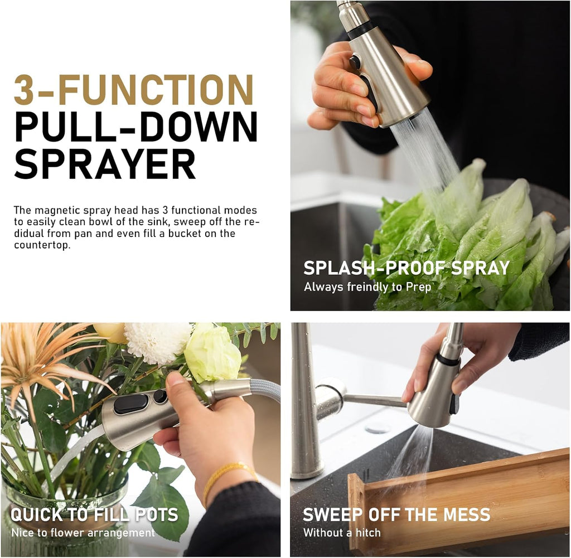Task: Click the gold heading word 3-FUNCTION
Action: click(x=133, y=90)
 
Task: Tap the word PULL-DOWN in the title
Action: click(x=136, y=127)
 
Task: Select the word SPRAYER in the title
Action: click(x=105, y=164)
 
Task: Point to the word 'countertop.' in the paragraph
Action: click(x=42, y=245)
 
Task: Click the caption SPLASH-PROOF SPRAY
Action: click(x=407, y=268)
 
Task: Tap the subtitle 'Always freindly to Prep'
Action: click(x=367, y=287)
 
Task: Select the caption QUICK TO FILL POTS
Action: click(x=94, y=515)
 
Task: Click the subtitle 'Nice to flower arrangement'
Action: click(x=83, y=533)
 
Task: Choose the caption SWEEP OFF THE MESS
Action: click(x=396, y=515)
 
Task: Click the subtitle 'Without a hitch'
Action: click(x=342, y=533)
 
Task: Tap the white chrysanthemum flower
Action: click(x=157, y=342)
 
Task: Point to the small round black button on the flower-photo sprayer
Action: click(x=160, y=397)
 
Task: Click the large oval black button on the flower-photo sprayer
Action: click(x=131, y=404)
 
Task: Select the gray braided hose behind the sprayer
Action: click(x=265, y=390)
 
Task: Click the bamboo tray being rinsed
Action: click(x=455, y=502)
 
